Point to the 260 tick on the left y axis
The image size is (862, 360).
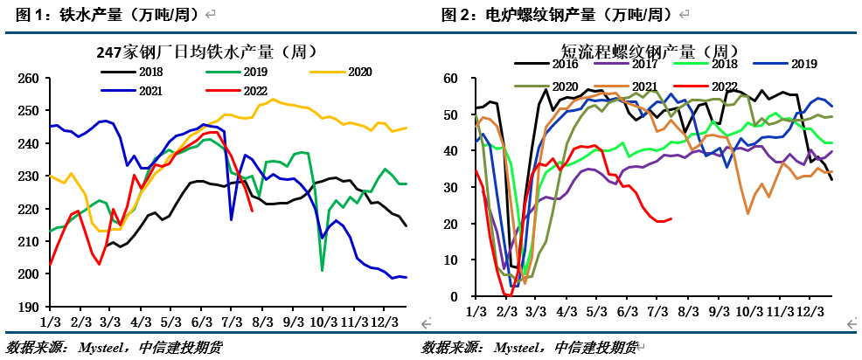[x=28, y=79]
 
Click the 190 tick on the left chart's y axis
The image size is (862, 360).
[x=28, y=308]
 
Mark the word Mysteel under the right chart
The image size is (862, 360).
[x=523, y=348]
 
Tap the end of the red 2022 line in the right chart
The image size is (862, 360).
[x=671, y=218]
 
